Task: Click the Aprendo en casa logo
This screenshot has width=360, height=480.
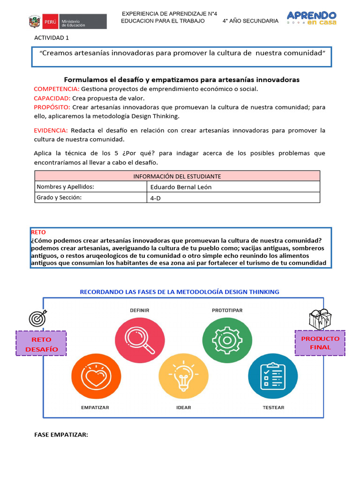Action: pos(311,19)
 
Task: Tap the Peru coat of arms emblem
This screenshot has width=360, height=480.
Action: pos(35,22)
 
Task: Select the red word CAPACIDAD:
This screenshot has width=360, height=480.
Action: pos(52,98)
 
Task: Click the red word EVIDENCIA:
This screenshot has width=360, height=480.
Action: pos(51,130)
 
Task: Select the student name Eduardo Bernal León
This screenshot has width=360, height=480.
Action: pos(181,187)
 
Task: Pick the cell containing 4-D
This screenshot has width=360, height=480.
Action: pos(233,198)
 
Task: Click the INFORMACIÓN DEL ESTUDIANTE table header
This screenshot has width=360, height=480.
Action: pos(177,176)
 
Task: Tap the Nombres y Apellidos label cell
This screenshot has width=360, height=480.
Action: pos(91,187)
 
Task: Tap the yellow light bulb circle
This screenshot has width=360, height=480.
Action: pos(183,376)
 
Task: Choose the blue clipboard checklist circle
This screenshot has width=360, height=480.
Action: pos(272,376)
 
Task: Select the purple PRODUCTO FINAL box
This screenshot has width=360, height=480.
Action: pos(320,343)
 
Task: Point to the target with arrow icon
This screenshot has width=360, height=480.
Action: pos(38,318)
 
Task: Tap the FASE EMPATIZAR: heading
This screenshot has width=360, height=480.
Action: pos(61,435)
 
